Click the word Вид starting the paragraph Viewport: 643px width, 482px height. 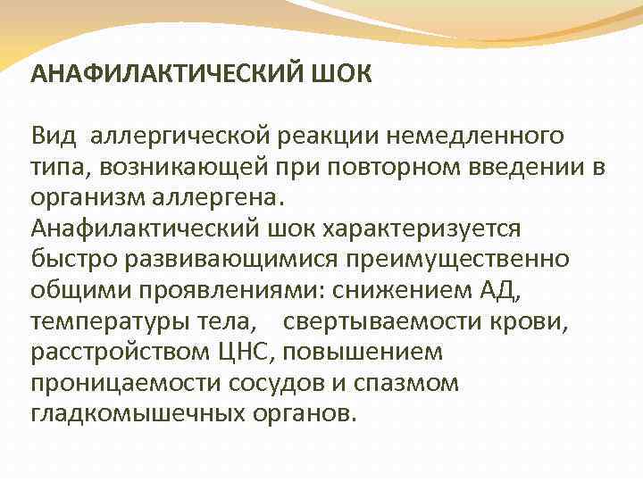pyautogui.click(x=54, y=136)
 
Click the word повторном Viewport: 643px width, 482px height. pyautogui.click(x=399, y=167)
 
